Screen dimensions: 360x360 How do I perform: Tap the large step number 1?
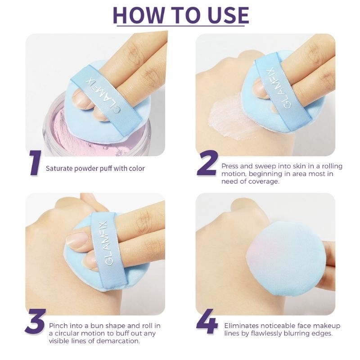tap(36, 162)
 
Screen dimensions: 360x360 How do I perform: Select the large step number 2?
tap(207, 163)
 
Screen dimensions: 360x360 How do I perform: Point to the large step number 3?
tap(35, 321)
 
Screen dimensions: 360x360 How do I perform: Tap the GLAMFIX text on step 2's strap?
tap(275, 87)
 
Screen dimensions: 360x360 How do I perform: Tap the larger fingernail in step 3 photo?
tap(77, 239)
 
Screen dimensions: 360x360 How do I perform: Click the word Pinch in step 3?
tap(58, 325)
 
